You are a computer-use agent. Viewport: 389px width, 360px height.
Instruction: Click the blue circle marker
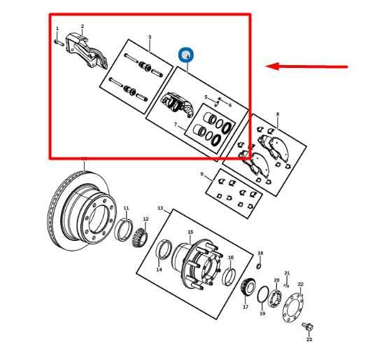pos(186,55)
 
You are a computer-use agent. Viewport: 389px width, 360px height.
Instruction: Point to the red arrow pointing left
pos(308,67)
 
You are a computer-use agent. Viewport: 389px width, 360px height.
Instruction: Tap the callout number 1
pos(57,29)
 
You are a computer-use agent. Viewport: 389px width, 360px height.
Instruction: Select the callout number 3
pos(149,36)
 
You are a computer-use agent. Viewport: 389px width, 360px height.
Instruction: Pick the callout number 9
pos(201,174)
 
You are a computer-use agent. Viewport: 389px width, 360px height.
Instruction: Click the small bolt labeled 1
pos(58,41)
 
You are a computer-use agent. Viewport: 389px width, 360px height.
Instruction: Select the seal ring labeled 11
pos(124,228)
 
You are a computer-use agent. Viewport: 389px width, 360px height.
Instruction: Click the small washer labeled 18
pos(259,265)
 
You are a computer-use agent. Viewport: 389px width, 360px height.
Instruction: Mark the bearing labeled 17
pos(246,288)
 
